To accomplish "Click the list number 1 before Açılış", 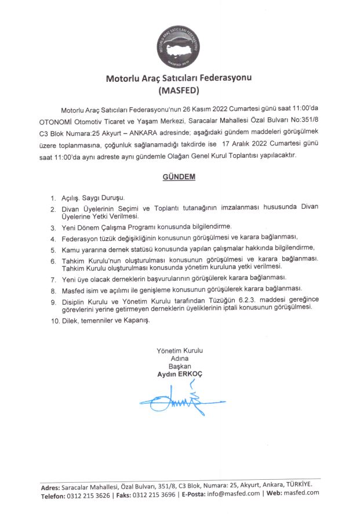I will click(x=53, y=198).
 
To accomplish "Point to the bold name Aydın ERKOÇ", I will click(x=180, y=375).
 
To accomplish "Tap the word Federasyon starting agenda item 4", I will click(x=83, y=237).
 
